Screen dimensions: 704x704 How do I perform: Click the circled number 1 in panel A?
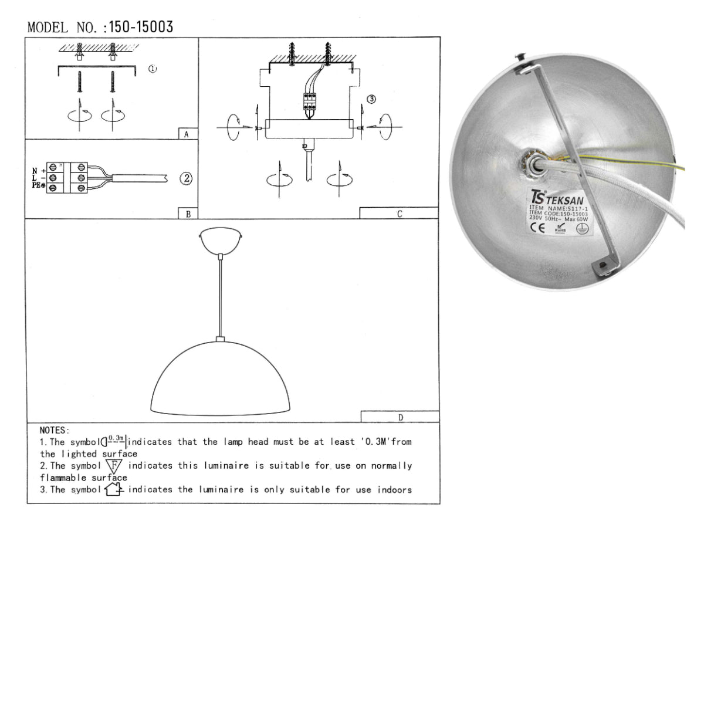(x=152, y=69)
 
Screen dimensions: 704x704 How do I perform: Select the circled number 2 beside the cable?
(x=186, y=178)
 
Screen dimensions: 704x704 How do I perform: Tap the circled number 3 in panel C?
(x=371, y=99)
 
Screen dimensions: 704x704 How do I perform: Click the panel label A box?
(x=187, y=134)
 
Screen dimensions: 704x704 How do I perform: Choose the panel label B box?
(x=188, y=214)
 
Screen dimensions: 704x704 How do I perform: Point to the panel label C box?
(x=399, y=214)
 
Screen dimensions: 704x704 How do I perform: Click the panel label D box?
(x=400, y=418)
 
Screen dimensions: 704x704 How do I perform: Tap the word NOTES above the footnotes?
(x=54, y=431)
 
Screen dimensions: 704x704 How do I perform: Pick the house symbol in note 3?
(x=113, y=489)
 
